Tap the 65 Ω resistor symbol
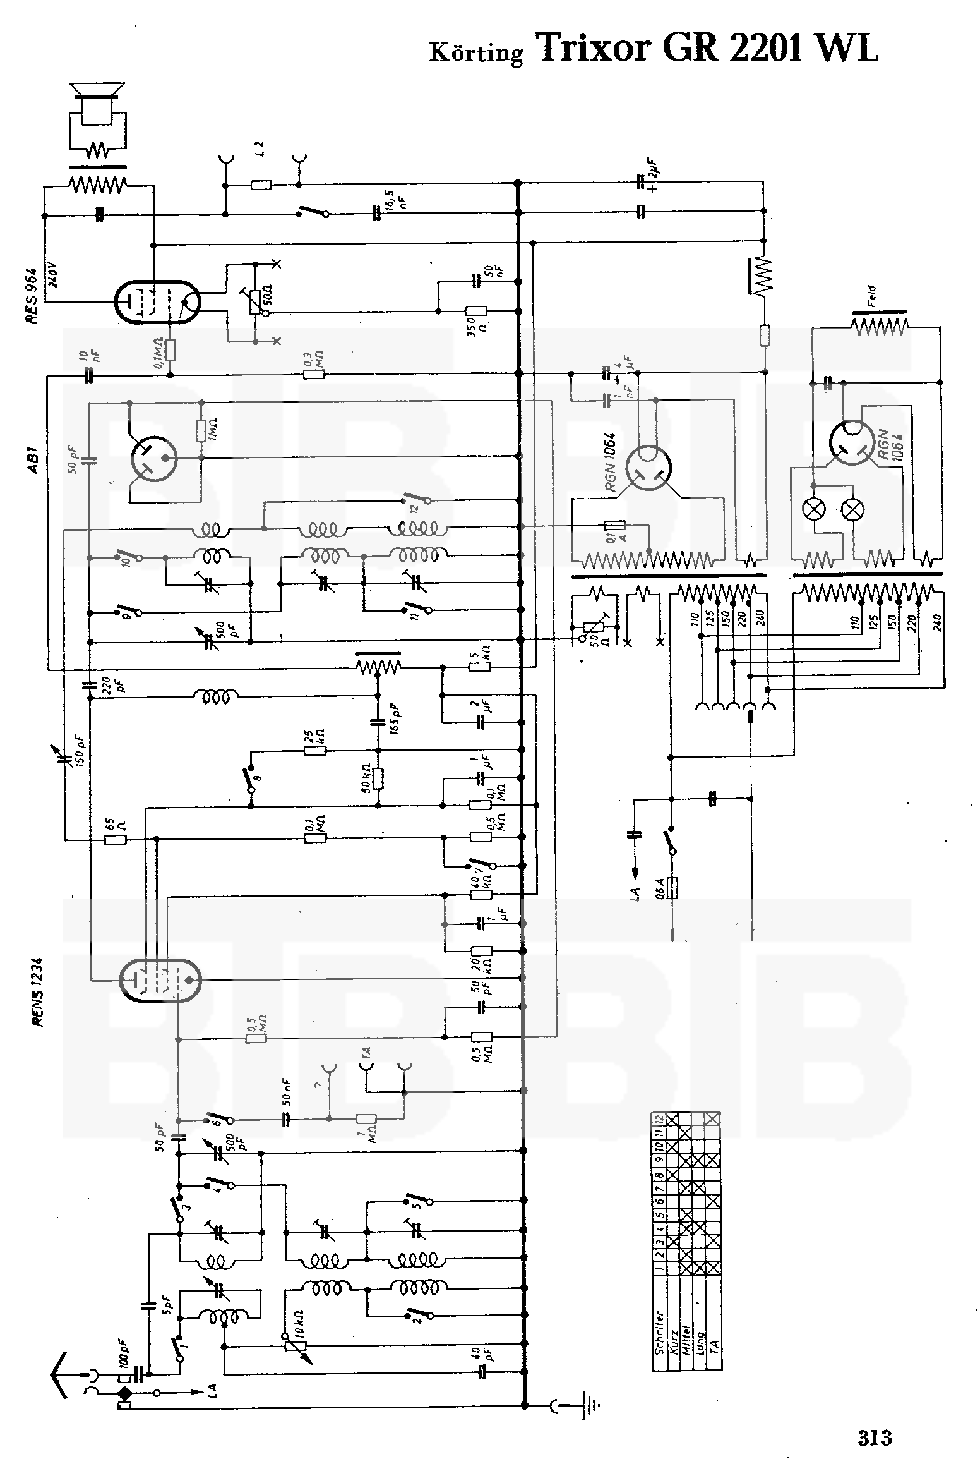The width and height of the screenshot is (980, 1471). coord(116,840)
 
